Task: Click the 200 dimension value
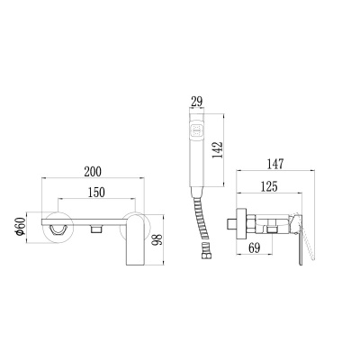click(93, 172)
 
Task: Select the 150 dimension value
click(96, 193)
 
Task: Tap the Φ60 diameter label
click(20, 227)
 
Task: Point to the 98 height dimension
click(157, 239)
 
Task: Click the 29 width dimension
click(196, 102)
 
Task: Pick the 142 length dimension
click(218, 149)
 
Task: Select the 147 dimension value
click(274, 164)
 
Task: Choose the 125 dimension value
click(269, 186)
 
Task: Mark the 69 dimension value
click(255, 247)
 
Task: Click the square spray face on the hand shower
click(197, 130)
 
